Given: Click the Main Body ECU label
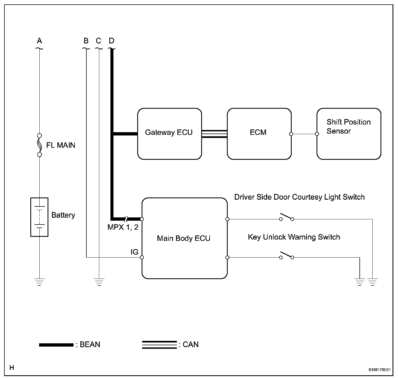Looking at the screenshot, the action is point(184,238).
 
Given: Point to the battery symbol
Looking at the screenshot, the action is point(39,217).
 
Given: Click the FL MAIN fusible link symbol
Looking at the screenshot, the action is point(39,145).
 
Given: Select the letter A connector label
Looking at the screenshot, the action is point(39,41).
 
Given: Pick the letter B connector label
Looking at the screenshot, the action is point(86,41).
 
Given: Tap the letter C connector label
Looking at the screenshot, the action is point(99,41).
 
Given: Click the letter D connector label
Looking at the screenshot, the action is point(112,41).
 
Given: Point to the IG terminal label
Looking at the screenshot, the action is point(134,252).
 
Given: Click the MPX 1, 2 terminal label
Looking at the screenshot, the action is point(123,227).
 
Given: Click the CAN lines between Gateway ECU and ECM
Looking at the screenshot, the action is point(214,134).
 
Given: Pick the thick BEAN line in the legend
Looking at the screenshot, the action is point(56,345).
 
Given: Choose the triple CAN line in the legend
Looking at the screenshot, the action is point(160,345).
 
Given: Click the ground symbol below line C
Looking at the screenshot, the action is point(99,282).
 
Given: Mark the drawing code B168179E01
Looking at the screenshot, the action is point(380,370).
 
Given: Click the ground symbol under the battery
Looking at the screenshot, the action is point(39,282).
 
